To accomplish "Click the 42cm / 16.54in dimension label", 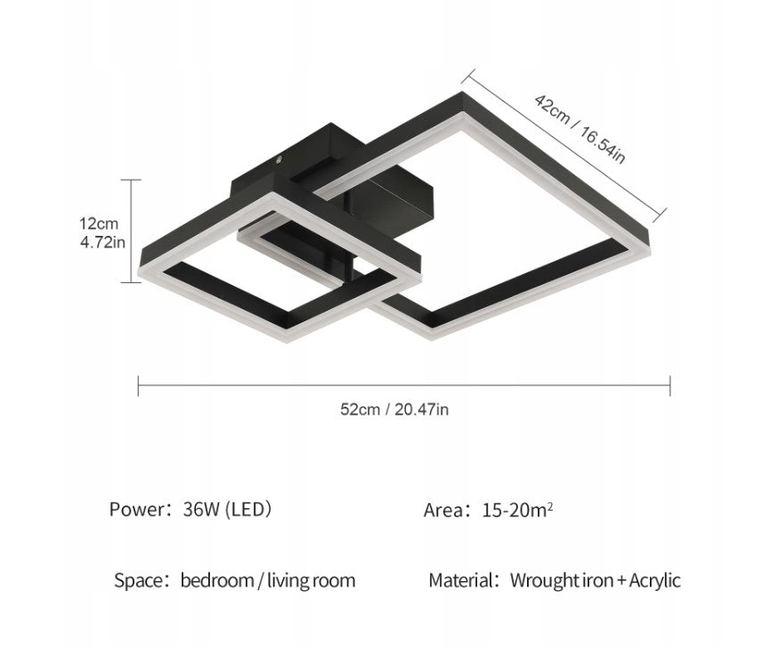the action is click(579, 128).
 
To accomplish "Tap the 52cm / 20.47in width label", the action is click(394, 409).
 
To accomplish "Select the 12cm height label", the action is click(99, 223).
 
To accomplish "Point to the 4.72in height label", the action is click(102, 242).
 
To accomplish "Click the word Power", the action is click(137, 510).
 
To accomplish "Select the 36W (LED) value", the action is click(227, 510).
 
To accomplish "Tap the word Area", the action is click(443, 510).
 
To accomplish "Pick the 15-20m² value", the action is click(517, 510).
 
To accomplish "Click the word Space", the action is click(139, 580).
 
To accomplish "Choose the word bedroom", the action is click(217, 580).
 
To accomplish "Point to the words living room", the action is click(311, 580).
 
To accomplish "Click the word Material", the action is click(461, 580).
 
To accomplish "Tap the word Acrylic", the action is click(655, 580).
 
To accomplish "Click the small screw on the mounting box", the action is click(279, 159).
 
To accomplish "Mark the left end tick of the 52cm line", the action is click(138, 385).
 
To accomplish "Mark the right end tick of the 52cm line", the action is click(669, 385).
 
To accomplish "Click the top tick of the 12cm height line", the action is click(132, 180).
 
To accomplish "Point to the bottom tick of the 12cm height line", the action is click(132, 282).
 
